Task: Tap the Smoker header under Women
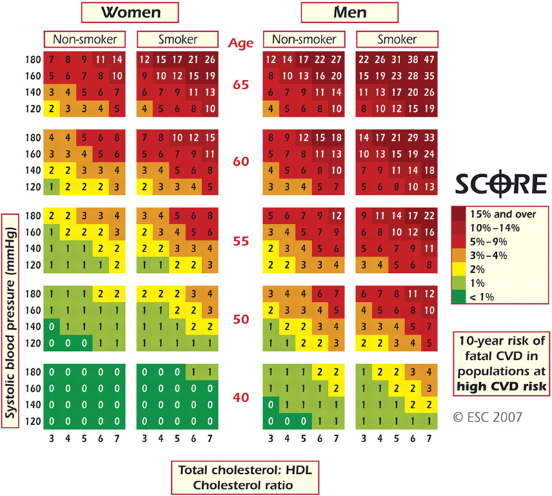[x=177, y=40]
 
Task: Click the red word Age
[x=241, y=42]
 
